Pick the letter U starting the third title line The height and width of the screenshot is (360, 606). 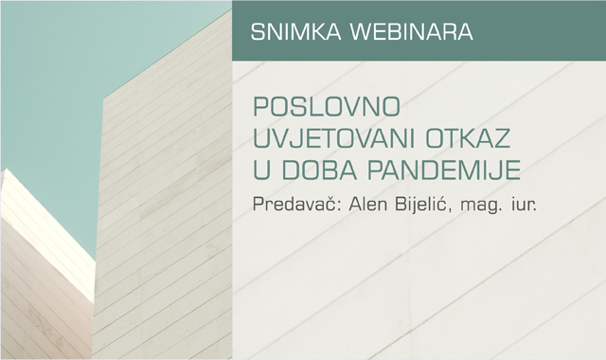(260, 172)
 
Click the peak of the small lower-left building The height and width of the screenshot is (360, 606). (4, 170)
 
